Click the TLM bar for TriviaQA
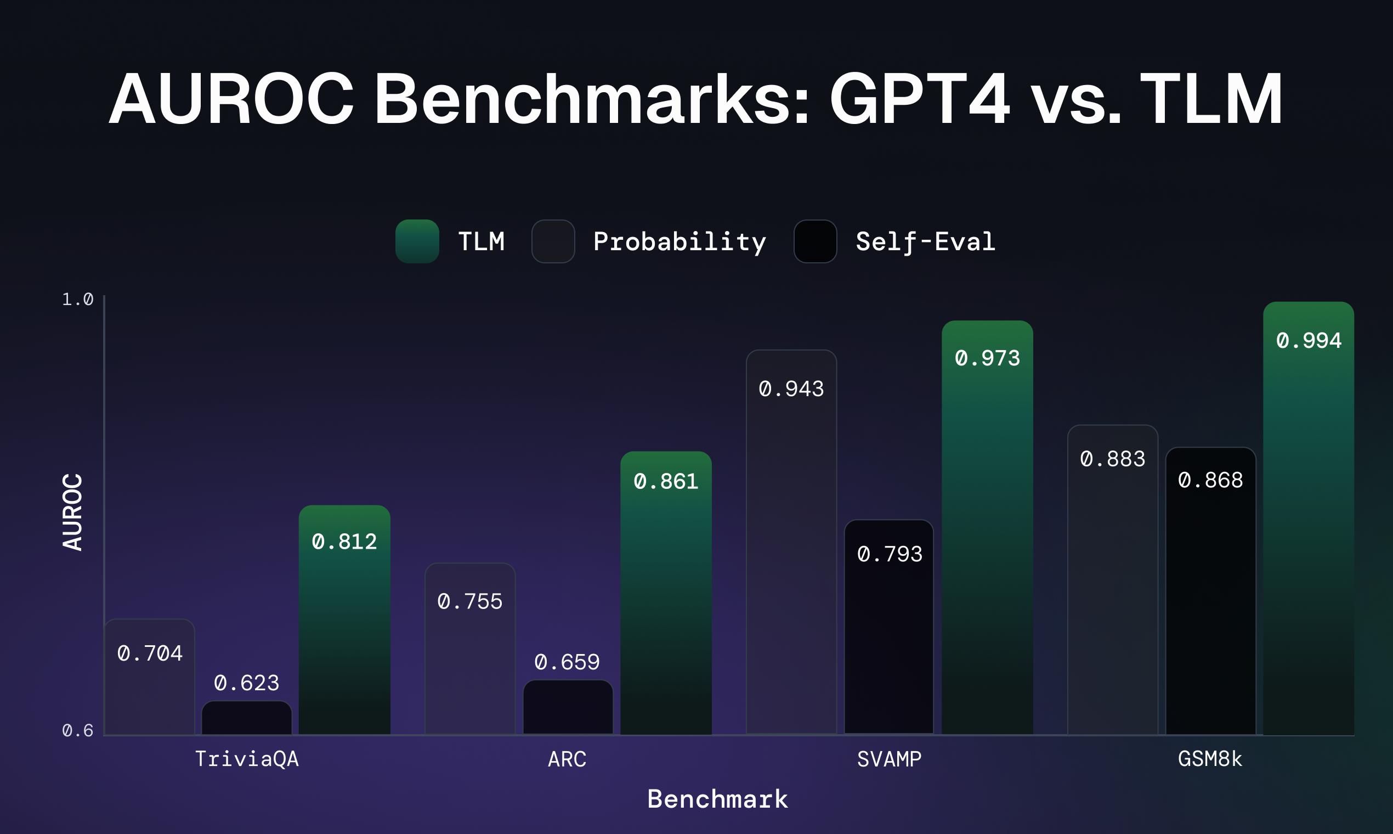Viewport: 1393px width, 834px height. click(344, 629)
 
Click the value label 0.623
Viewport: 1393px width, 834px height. click(247, 683)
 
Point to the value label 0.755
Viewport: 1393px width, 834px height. click(469, 601)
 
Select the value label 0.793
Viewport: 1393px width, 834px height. click(890, 554)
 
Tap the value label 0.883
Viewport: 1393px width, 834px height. click(1112, 459)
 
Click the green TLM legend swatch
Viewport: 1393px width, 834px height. click(417, 241)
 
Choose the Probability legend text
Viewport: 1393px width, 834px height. click(679, 241)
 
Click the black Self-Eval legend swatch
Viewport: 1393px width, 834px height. click(815, 241)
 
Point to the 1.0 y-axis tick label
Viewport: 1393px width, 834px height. click(77, 299)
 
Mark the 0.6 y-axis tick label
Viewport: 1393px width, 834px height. click(77, 730)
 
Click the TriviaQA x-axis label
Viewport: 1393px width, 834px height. click(247, 759)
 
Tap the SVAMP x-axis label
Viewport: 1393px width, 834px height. click(889, 759)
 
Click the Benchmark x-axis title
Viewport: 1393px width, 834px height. click(717, 798)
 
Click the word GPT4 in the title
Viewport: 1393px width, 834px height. click(920, 99)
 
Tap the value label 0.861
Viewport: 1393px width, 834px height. click(666, 481)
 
